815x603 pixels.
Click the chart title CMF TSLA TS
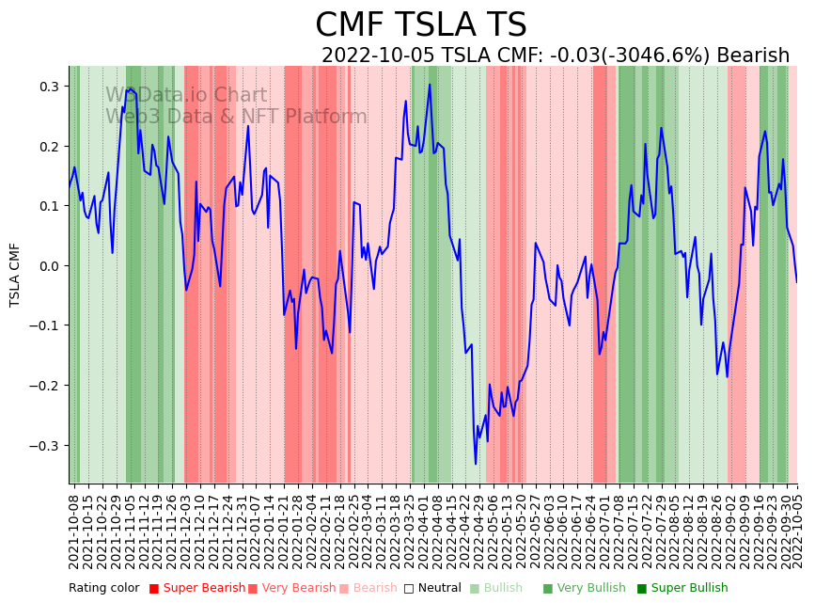click(x=420, y=25)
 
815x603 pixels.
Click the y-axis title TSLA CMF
click(x=15, y=275)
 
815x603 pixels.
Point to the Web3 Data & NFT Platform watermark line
click(x=236, y=117)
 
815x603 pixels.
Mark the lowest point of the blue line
click(x=476, y=464)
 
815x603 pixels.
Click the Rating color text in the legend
click(x=103, y=588)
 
